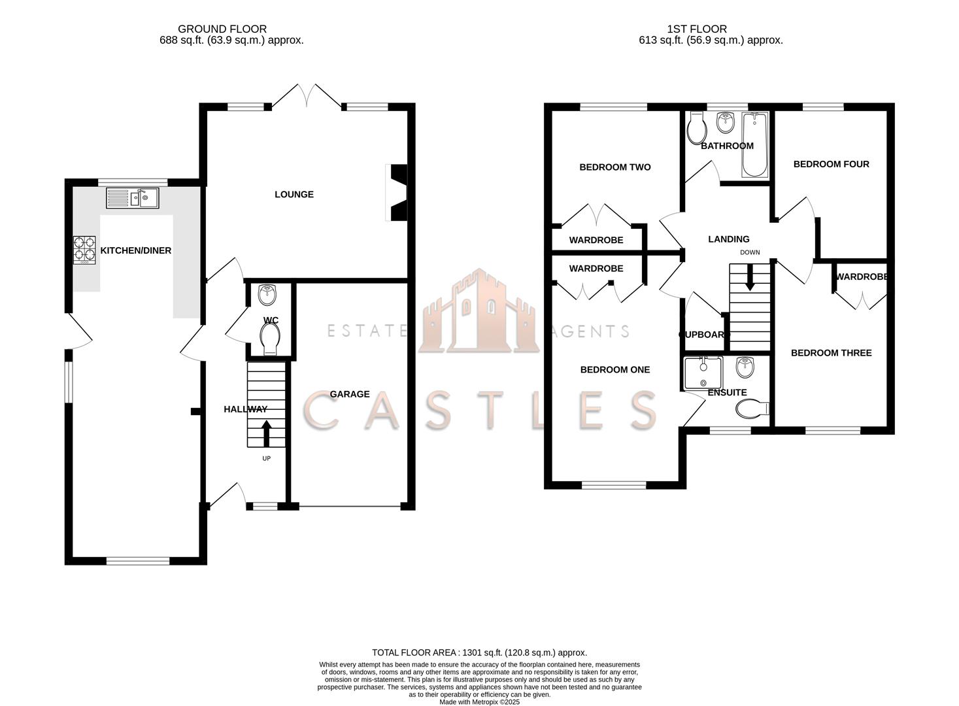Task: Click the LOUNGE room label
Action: coord(294,194)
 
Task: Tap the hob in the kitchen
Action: coord(84,250)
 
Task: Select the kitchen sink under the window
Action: coord(133,197)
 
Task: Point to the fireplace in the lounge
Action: coord(396,193)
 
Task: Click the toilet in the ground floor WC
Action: coord(269,339)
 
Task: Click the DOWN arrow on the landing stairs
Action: coord(750,276)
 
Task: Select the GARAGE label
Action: coord(349,394)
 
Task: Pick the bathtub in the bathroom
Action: coord(756,144)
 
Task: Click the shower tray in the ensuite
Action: coord(703,374)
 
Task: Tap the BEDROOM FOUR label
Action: coord(831,164)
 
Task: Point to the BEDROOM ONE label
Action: coord(614,370)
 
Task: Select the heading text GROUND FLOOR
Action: coord(222,29)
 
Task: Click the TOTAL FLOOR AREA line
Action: coord(479,652)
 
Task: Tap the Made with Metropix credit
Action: coord(479,702)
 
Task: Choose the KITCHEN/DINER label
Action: coord(135,250)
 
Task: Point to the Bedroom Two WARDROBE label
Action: coord(596,240)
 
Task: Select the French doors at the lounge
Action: coord(306,95)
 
